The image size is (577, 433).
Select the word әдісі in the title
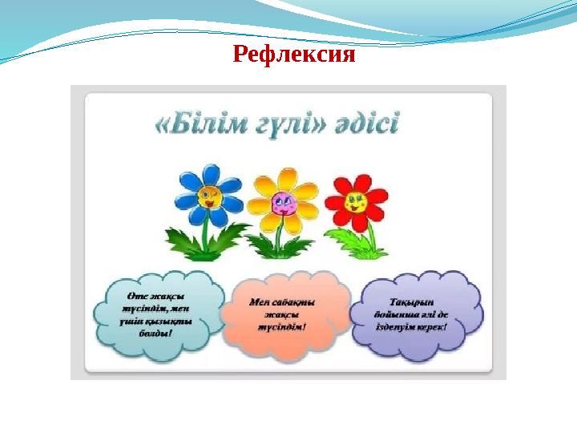[366, 127]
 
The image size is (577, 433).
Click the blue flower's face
[210, 198]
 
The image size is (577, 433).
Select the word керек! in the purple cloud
[432, 327]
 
